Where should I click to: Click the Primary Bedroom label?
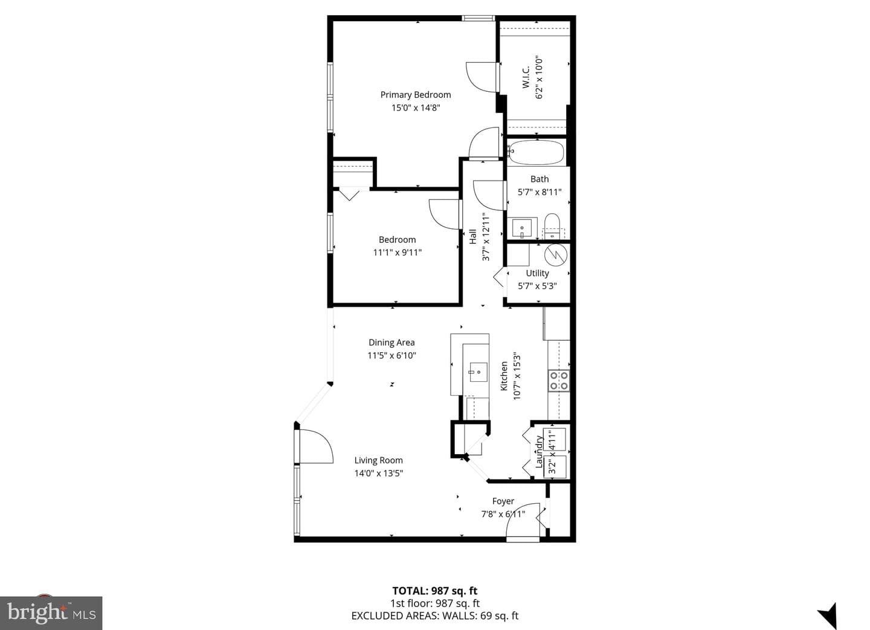click(416, 95)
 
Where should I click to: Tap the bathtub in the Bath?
click(536, 153)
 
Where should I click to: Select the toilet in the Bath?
click(552, 226)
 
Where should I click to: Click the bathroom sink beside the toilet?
click(523, 228)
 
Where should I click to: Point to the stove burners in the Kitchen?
click(559, 381)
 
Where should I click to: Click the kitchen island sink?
click(478, 372)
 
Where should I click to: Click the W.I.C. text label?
click(526, 77)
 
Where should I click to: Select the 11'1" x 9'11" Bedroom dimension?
click(398, 252)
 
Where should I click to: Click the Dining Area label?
click(391, 342)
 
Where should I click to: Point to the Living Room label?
click(378, 460)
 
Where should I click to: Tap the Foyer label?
click(503, 501)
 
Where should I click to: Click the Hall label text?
click(472, 237)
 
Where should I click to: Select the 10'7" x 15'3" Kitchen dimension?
click(517, 376)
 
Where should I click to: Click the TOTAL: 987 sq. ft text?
click(434, 591)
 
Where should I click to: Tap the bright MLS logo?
click(51, 613)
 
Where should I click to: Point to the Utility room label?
click(537, 273)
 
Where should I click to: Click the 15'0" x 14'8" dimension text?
click(416, 108)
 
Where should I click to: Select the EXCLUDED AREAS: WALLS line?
click(434, 616)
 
